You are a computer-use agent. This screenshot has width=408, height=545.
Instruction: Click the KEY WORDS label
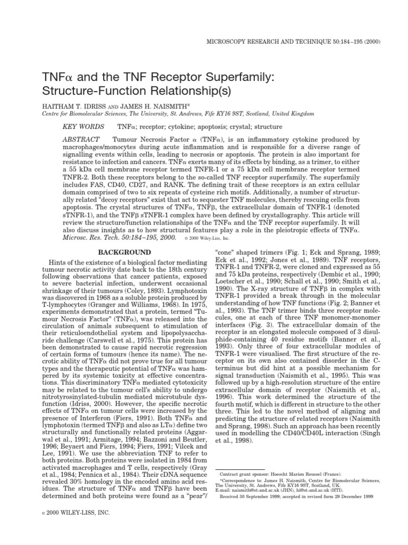click(x=81, y=128)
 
